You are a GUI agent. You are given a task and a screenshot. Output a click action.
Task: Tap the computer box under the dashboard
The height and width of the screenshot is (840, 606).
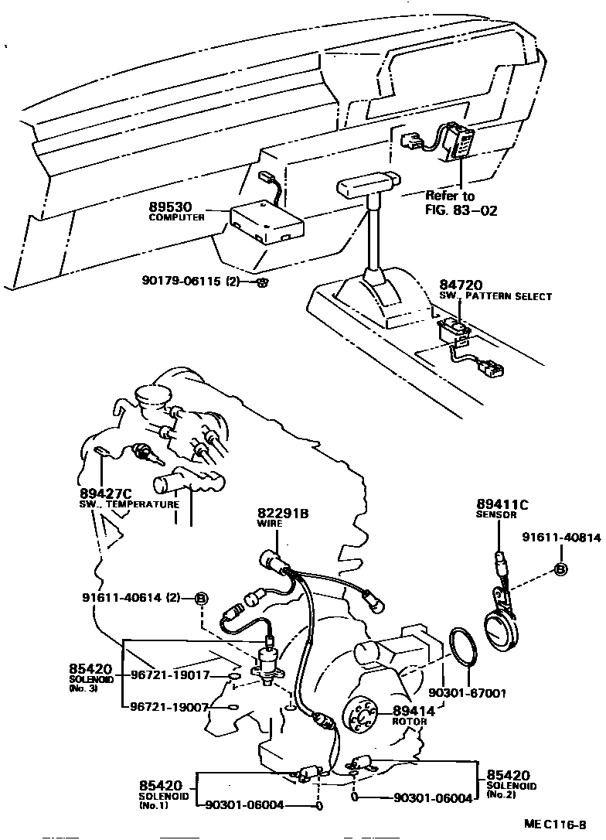point(266,220)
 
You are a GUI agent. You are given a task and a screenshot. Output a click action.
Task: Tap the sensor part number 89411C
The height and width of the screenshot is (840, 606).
point(502,505)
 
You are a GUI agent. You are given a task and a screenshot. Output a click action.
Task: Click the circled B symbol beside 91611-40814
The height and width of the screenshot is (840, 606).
point(562,571)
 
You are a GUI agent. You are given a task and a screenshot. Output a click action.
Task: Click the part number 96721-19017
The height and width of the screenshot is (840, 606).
point(170,675)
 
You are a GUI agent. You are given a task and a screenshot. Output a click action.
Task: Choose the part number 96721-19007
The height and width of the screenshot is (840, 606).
point(170,706)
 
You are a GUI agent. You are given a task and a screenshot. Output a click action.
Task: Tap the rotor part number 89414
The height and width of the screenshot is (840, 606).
point(414,711)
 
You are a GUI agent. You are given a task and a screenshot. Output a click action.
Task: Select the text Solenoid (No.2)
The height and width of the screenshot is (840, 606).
point(507,790)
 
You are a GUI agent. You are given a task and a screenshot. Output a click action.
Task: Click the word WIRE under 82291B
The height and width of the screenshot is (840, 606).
point(270,524)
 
